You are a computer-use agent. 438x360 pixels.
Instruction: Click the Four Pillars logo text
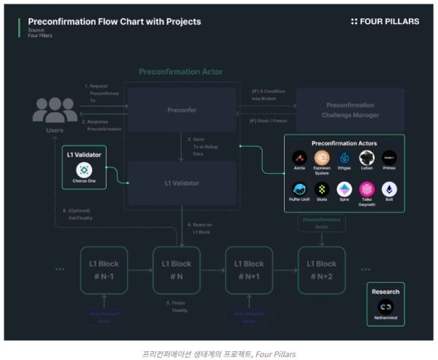[x=390, y=22]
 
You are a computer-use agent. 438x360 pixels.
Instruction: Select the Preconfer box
[x=181, y=110]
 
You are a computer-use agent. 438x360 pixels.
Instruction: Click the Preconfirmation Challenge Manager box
[x=350, y=110]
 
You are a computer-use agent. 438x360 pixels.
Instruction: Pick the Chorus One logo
[x=85, y=169]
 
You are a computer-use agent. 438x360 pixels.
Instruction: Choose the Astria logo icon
[x=298, y=158]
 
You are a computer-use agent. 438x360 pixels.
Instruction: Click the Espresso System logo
[x=321, y=158]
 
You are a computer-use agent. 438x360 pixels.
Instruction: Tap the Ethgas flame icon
[x=344, y=158]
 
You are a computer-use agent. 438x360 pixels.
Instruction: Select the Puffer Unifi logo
[x=298, y=190]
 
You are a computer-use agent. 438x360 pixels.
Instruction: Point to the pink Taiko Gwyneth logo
[x=366, y=190]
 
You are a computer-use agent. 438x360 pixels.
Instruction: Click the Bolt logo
[x=389, y=190]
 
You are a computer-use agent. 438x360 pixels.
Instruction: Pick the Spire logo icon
[x=344, y=190]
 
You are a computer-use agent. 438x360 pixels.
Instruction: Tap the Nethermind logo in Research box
[x=385, y=307]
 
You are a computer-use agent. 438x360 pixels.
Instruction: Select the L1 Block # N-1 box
[x=104, y=269]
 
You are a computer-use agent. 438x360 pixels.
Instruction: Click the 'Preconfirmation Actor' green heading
[x=181, y=72]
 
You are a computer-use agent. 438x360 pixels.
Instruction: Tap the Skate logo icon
[x=321, y=190]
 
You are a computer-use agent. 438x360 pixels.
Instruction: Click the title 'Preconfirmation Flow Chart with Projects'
[x=114, y=22]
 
